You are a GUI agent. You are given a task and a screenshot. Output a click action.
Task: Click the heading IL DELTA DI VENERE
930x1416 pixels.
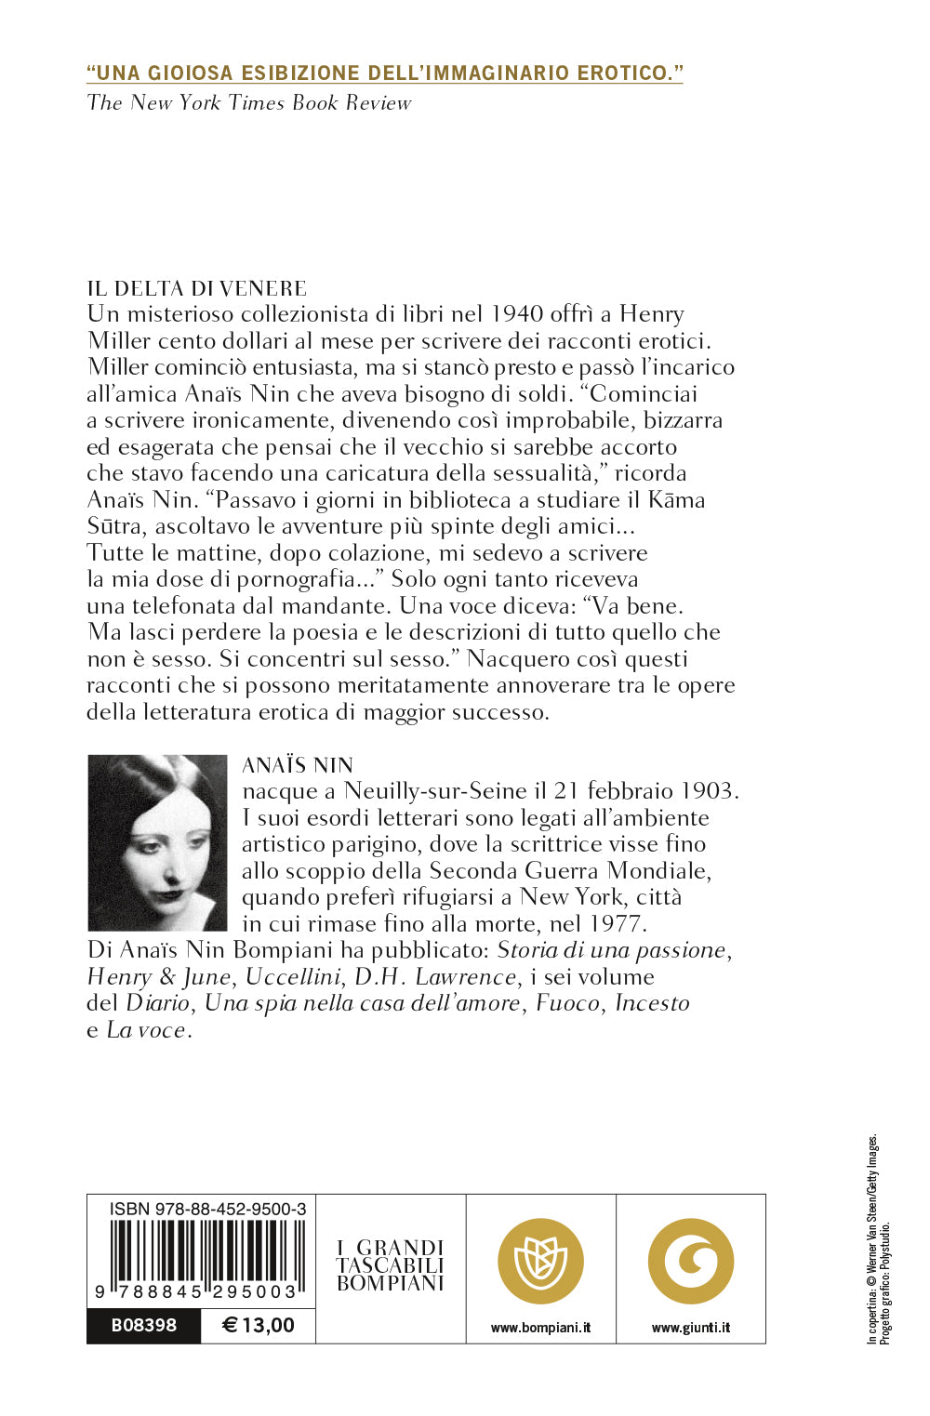click(x=196, y=288)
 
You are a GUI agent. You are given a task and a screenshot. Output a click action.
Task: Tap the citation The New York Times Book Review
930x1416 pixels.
click(x=248, y=102)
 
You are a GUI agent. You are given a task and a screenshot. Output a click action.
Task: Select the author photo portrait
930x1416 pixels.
click(x=157, y=842)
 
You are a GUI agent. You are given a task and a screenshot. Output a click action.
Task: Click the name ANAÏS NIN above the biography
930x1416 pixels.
click(x=298, y=765)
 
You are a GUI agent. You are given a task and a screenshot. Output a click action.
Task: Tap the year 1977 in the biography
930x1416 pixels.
click(x=617, y=924)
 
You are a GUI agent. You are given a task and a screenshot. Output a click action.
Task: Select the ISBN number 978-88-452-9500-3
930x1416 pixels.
click(x=207, y=1209)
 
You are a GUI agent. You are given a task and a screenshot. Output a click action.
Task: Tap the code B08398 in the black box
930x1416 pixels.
click(x=143, y=1325)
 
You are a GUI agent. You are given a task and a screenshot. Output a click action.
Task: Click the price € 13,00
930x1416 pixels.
click(x=259, y=1325)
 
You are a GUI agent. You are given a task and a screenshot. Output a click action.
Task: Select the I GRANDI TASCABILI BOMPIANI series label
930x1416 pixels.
click(x=391, y=1265)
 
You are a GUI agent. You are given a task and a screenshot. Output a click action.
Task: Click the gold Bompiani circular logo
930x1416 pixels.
click(x=540, y=1262)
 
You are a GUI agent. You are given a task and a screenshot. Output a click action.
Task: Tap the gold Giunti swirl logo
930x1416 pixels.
click(x=691, y=1262)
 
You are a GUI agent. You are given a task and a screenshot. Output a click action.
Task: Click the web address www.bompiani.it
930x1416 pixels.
click(x=540, y=1328)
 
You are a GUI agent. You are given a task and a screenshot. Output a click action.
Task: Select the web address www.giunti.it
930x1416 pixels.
click(x=691, y=1328)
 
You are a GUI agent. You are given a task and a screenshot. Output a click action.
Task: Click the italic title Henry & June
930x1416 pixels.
click(x=158, y=977)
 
